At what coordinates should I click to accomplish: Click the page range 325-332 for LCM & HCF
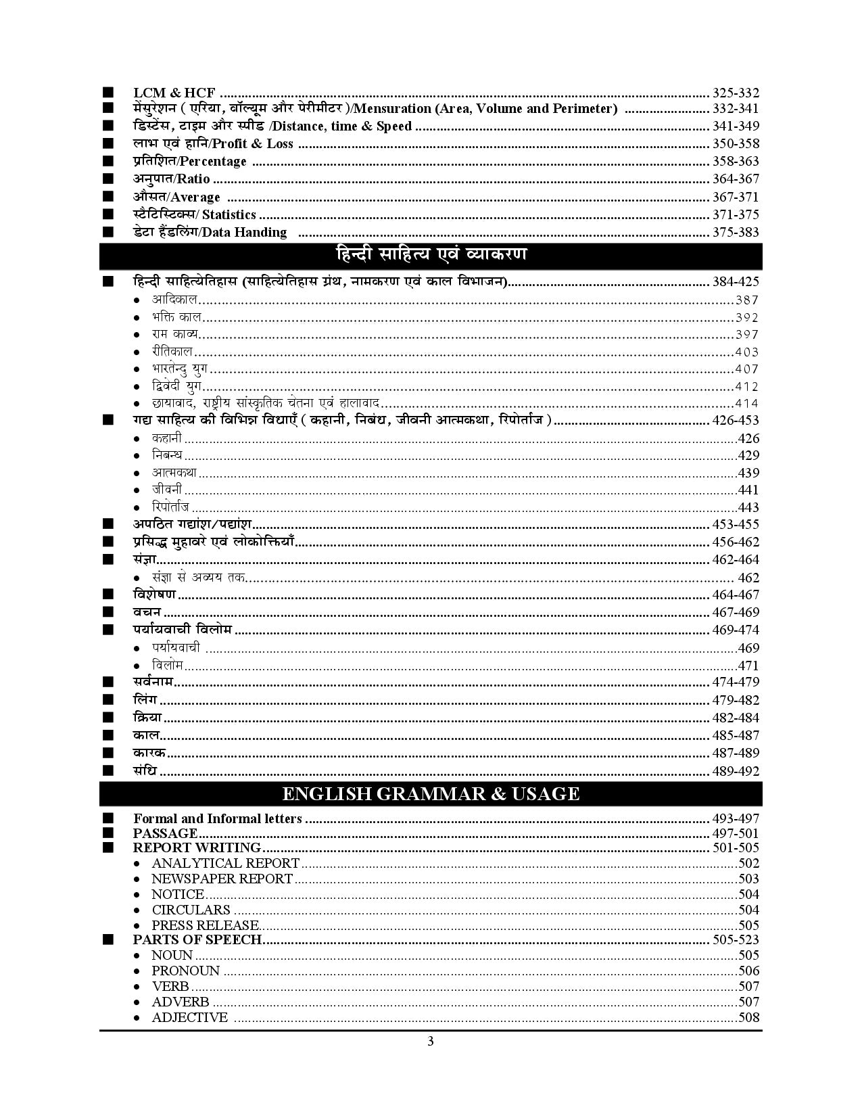click(736, 93)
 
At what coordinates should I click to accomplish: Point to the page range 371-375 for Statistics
click(736, 214)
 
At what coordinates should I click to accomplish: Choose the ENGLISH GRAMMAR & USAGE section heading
click(431, 793)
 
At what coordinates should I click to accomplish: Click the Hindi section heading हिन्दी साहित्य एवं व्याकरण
click(431, 255)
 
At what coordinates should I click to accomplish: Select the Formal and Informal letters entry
click(217, 818)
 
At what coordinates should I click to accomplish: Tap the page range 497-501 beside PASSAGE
click(736, 833)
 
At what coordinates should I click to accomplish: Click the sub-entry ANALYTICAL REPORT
click(225, 863)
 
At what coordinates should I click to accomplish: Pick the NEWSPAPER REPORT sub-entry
click(222, 879)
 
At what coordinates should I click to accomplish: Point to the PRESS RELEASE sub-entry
click(205, 925)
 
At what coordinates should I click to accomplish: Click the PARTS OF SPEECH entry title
click(197, 939)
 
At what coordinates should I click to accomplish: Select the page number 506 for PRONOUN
click(748, 971)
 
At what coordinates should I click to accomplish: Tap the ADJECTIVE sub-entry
click(189, 1017)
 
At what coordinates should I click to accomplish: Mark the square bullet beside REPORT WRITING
click(108, 847)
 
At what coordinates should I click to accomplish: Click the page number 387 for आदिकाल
click(747, 300)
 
